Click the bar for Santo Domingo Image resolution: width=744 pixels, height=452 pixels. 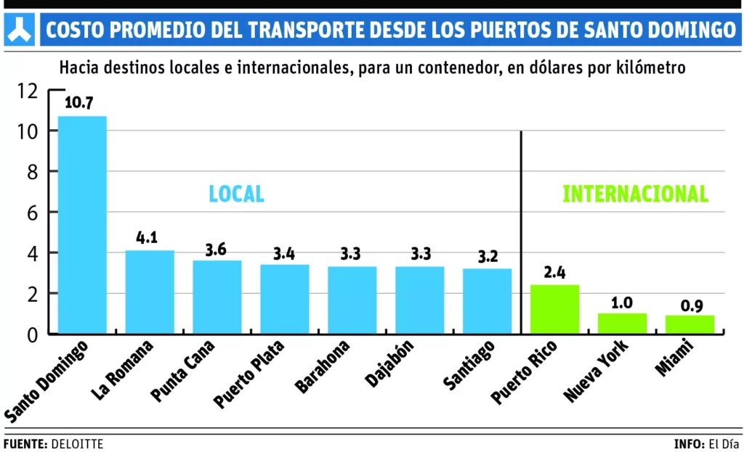tap(82, 225)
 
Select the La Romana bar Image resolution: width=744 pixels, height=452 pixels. tap(150, 292)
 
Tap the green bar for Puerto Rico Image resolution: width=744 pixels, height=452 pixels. tap(555, 309)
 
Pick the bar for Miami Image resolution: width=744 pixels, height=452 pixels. tap(690, 324)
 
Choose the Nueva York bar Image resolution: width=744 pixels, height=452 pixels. tap(622, 324)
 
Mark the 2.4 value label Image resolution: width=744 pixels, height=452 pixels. tap(554, 271)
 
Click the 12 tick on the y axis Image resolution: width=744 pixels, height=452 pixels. tap(28, 91)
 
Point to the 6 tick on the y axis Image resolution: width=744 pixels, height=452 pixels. tap(32, 213)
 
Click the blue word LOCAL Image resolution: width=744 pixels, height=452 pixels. tap(236, 194)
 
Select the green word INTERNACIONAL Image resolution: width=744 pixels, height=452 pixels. tap(635, 194)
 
